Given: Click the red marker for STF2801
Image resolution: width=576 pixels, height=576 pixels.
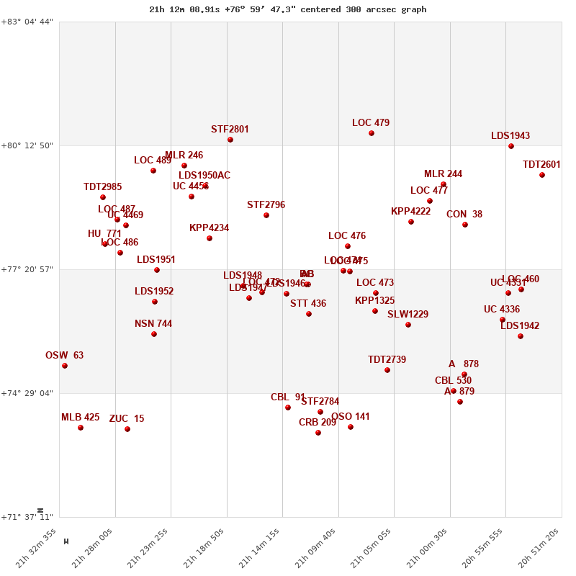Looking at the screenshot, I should (x=230, y=140).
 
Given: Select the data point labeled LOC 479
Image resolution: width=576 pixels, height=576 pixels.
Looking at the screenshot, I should (x=372, y=133).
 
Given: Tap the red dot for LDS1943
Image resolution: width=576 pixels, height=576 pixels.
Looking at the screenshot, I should (x=511, y=146).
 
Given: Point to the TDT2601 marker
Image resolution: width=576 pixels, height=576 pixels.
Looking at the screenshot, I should (x=542, y=175).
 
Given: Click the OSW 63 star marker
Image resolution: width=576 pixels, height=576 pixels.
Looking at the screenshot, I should (x=65, y=366).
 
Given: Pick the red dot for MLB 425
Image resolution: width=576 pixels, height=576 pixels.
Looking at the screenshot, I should (x=81, y=428).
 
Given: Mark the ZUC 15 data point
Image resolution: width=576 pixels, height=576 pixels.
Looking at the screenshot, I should (x=127, y=429).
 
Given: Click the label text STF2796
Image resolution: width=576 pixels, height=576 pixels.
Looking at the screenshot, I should (x=266, y=205).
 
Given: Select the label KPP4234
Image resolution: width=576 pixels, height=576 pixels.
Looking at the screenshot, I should (x=209, y=228).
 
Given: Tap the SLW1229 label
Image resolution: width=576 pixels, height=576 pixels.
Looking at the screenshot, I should (x=408, y=315).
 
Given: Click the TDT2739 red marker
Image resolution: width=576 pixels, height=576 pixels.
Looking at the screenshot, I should (x=387, y=370).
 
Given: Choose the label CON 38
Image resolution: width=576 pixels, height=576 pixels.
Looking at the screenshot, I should (x=464, y=215).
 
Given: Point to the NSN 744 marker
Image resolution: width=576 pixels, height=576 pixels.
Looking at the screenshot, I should (x=154, y=334).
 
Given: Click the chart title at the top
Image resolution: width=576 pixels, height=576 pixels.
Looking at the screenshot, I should (x=288, y=9).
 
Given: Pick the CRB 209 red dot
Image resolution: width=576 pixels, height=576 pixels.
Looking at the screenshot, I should (x=318, y=433).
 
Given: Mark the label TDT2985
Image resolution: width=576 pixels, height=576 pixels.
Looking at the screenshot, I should (x=102, y=187).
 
